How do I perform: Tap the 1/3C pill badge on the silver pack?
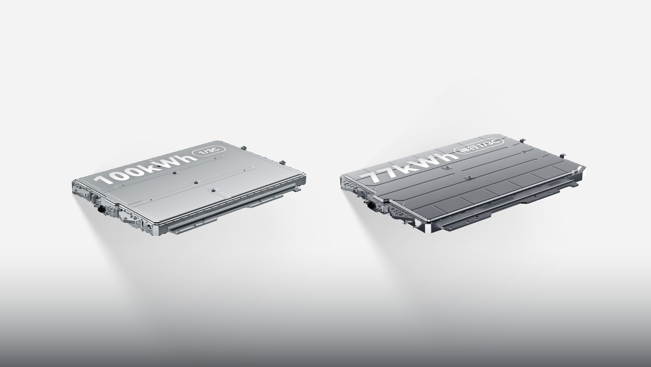(x=209, y=152)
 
